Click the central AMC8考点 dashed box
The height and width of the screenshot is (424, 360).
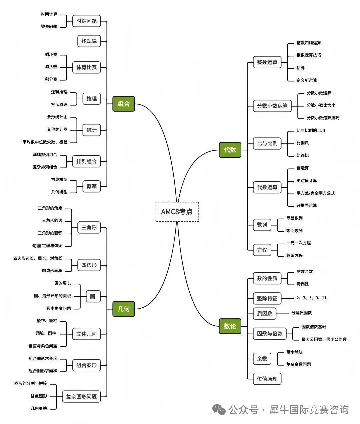coord(177,212)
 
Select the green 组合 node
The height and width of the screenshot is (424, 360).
coord(124,104)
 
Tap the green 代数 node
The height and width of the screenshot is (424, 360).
coord(230,150)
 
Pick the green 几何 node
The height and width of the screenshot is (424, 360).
coord(124,309)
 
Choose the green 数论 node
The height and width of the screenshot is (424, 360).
coord(230,326)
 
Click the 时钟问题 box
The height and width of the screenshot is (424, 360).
coord(86,21)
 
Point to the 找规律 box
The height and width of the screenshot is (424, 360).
coord(89,41)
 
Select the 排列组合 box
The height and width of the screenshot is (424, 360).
coord(86,161)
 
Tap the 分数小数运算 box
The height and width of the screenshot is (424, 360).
coord(272,106)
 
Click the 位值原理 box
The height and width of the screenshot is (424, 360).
coord(267,379)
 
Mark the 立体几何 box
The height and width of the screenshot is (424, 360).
coord(86,334)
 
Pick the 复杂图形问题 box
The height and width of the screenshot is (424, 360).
coord(81,397)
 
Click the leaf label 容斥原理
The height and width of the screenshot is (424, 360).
coord(59,104)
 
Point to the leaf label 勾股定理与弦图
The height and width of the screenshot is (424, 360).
coord(47,246)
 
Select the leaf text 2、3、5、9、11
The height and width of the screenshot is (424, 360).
coord(311,298)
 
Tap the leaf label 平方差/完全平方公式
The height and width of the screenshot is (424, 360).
coord(316,193)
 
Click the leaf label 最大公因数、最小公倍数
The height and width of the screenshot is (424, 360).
coord(324,339)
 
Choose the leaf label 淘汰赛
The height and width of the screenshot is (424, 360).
coord(51,67)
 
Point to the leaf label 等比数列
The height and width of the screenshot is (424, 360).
coord(294,231)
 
